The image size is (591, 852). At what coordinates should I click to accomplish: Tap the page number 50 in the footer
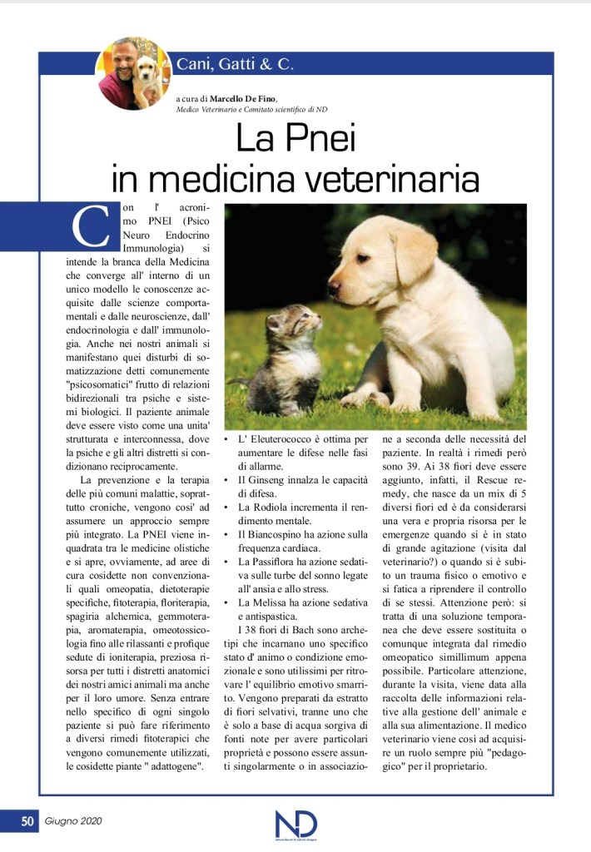coord(27,822)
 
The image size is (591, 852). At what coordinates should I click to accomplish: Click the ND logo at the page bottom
coord(295,824)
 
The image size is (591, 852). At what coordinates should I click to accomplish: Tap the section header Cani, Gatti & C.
coord(236,64)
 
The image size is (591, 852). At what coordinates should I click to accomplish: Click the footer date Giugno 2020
coord(72,822)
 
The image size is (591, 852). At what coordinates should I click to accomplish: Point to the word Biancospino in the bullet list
coord(281,533)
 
